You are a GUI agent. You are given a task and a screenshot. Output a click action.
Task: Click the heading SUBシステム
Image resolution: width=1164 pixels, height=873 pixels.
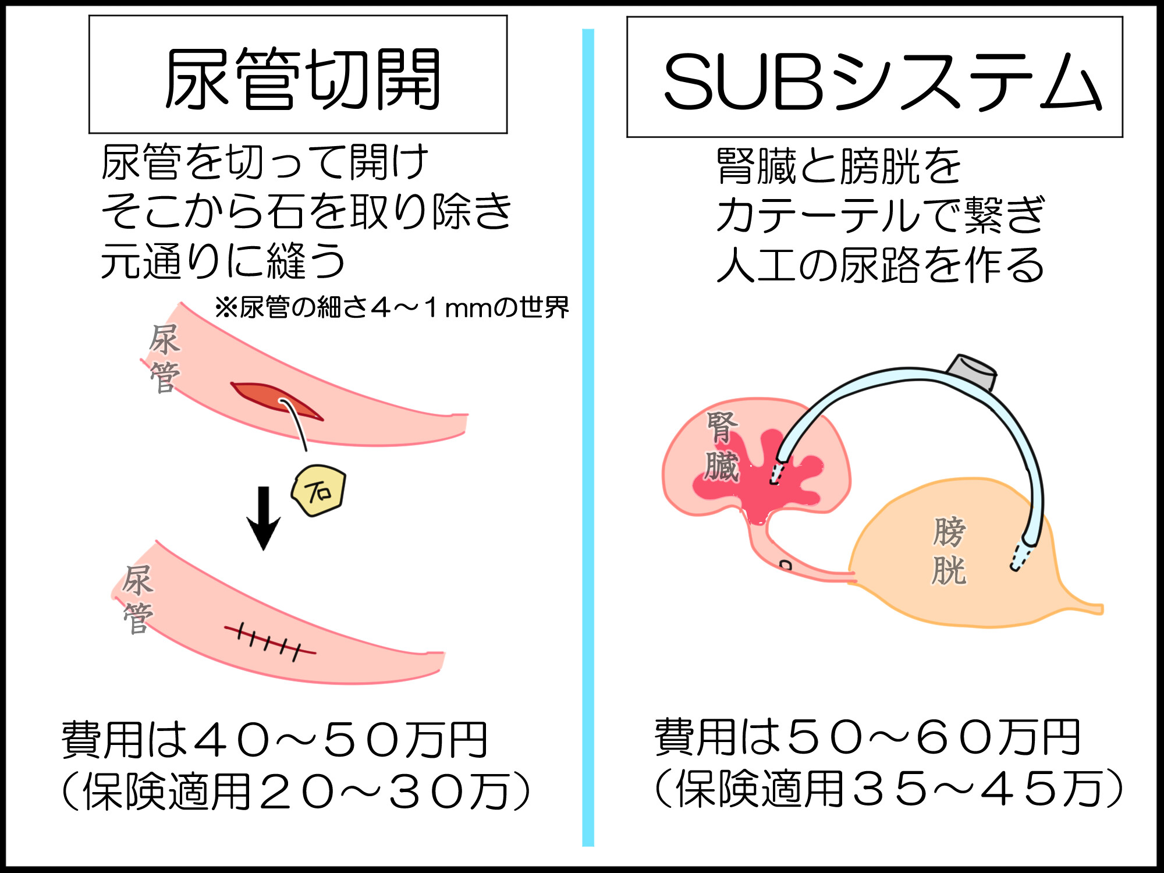(x=882, y=81)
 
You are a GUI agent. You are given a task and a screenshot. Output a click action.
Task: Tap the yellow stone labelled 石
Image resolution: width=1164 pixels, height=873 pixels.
(x=318, y=491)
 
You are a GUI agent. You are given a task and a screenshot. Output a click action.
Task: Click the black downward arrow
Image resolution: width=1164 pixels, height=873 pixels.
(x=264, y=518)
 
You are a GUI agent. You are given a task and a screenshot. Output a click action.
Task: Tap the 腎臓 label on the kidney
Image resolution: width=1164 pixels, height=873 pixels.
(x=722, y=447)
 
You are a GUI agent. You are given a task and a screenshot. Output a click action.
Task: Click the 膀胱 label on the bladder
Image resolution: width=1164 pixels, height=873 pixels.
(x=949, y=550)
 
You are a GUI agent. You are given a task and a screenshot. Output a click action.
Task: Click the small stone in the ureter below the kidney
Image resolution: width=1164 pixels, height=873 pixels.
(x=786, y=565)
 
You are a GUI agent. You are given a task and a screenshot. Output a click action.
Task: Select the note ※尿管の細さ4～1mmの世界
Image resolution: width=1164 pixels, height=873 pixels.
(x=392, y=307)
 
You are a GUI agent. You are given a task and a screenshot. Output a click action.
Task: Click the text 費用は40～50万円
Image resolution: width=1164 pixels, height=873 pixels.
(x=275, y=740)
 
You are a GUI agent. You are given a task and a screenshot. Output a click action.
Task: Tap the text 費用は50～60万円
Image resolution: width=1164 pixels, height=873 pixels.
(x=867, y=737)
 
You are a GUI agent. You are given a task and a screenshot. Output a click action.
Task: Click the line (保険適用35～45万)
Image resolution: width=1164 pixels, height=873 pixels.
(x=889, y=788)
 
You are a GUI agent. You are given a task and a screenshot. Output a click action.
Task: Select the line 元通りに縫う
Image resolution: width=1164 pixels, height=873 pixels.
(x=223, y=261)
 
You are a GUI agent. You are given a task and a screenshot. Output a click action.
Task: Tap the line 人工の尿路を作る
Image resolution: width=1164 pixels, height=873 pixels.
(x=881, y=265)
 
